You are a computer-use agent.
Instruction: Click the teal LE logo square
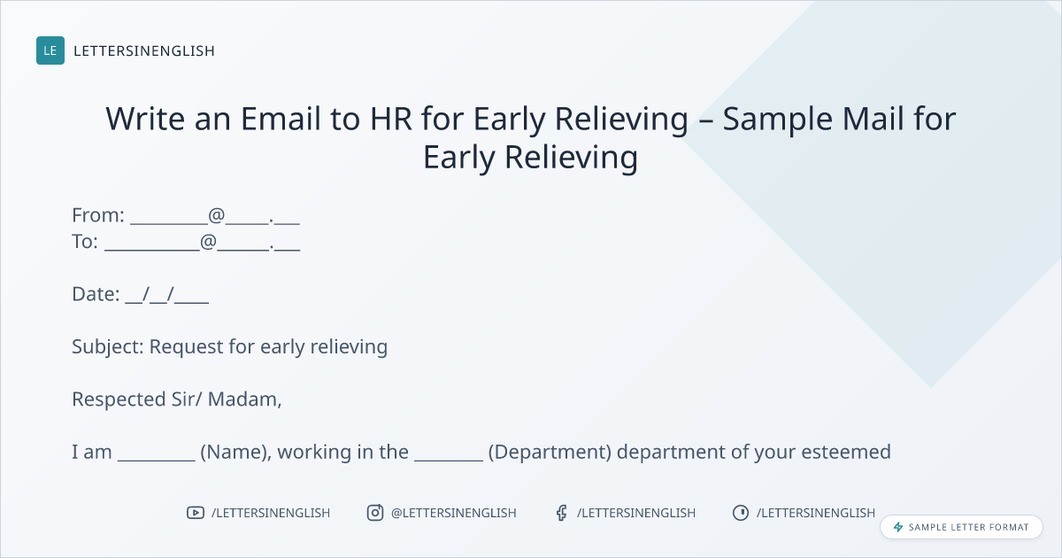[x=50, y=50]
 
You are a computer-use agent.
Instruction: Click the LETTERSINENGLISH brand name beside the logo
[x=144, y=50]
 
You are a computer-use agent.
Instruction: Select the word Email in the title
[x=281, y=119]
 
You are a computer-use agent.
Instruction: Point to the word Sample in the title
[x=778, y=120]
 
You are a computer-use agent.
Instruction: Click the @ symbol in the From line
[x=216, y=215]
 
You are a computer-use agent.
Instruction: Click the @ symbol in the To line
[x=208, y=242]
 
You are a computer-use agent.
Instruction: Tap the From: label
[x=98, y=215]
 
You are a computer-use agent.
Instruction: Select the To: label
[x=85, y=242]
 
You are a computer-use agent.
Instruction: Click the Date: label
[x=96, y=294]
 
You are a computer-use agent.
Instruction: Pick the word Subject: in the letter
[x=108, y=347]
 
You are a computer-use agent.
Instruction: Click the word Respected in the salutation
[x=119, y=400]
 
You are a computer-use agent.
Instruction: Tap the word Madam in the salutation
[x=244, y=399]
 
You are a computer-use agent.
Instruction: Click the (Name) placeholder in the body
[x=236, y=453]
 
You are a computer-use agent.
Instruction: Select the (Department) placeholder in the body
[x=550, y=453]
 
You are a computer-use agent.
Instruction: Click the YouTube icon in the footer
[x=196, y=513]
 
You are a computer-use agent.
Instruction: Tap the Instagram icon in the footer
[x=375, y=513]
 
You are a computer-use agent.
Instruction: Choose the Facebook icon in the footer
[x=562, y=513]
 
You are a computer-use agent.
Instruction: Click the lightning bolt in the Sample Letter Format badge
[x=898, y=527]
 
